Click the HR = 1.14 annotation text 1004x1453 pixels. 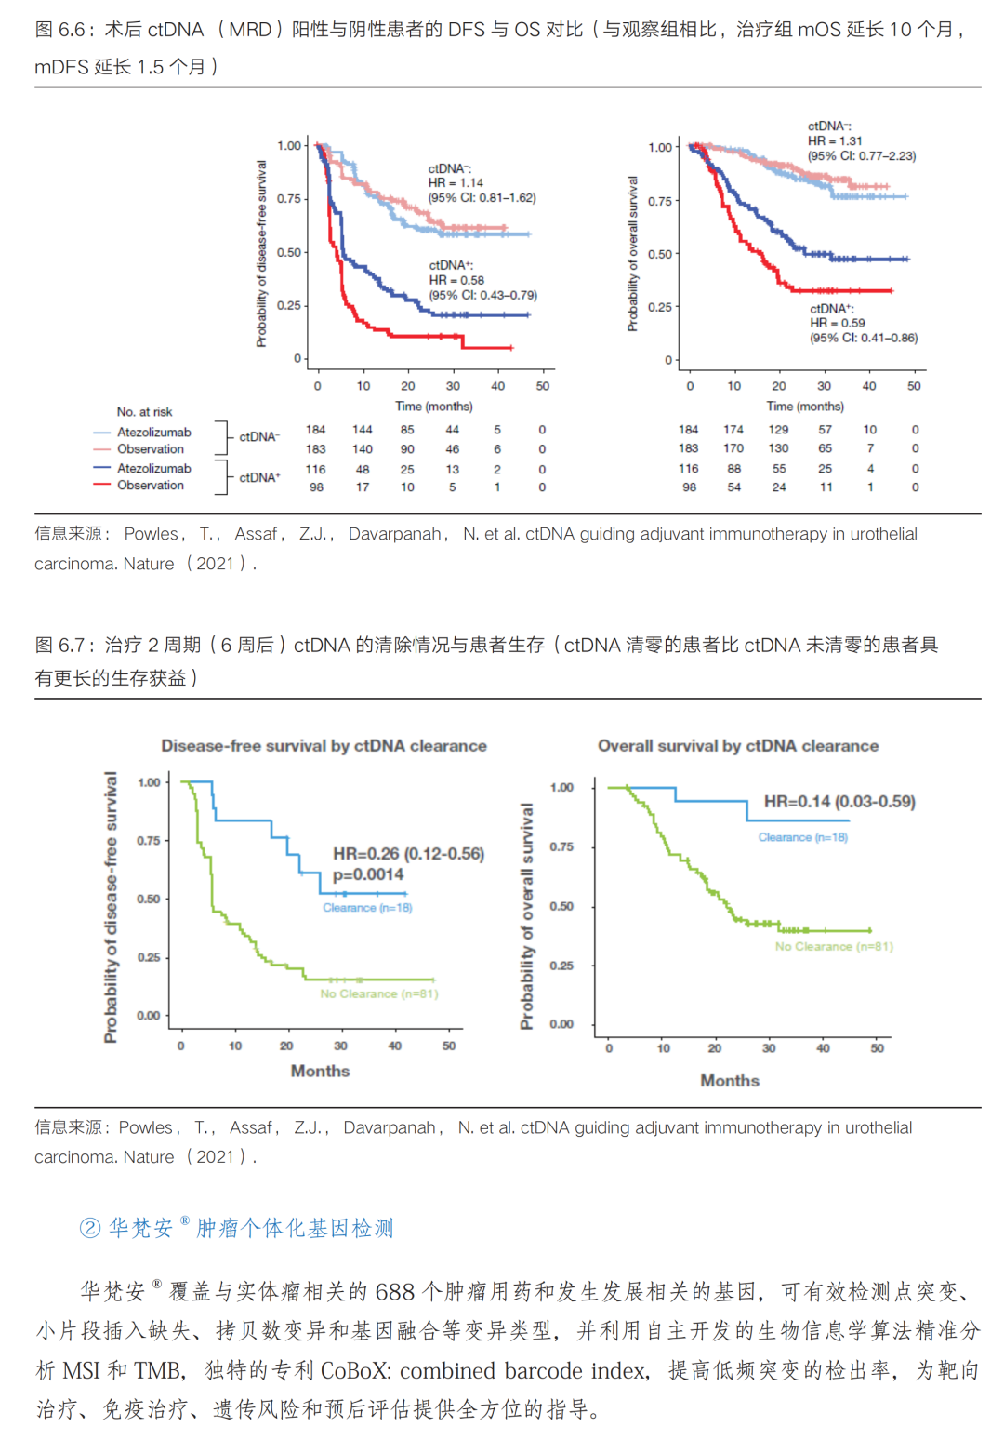[456, 183]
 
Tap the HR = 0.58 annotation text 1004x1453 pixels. [456, 280]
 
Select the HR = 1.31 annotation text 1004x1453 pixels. [835, 140]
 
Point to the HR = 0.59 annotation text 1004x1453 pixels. [837, 323]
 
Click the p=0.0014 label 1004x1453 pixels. [368, 874]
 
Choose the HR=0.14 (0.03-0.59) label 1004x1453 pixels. [839, 802]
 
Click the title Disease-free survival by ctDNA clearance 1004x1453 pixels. [324, 746]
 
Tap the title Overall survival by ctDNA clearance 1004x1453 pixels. [737, 746]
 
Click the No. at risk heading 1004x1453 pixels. [144, 411]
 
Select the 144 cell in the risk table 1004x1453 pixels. [362, 430]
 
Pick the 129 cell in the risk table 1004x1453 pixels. [778, 430]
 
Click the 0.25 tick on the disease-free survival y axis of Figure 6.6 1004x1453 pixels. [289, 305]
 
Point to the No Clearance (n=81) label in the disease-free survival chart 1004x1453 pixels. [378, 994]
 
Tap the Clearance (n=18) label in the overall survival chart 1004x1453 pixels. [802, 837]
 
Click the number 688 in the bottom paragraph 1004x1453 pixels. [395, 1292]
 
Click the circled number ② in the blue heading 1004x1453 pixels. [90, 1229]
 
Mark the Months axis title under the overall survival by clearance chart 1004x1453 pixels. [730, 1081]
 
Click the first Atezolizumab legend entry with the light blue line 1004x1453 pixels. [153, 433]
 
